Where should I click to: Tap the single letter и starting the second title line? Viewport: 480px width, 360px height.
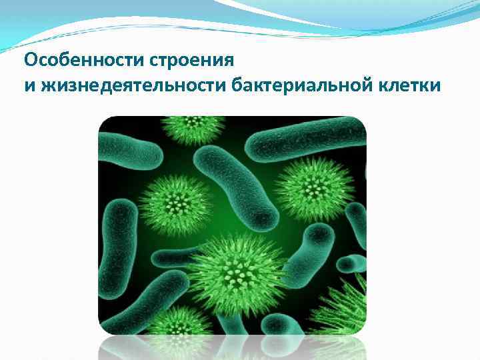coord(28,86)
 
